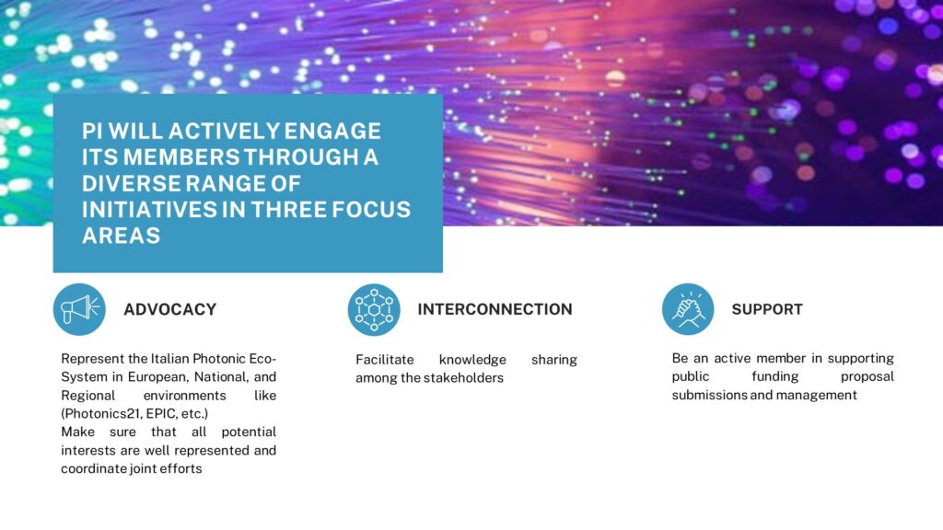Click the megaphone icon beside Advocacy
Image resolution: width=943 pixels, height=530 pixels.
[79, 309]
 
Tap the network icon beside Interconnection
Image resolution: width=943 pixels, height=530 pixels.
[374, 309]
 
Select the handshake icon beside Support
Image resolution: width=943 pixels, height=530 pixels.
[688, 309]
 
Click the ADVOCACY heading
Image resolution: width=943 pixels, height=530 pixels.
[170, 309]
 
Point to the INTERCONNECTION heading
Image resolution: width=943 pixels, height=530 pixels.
[495, 309]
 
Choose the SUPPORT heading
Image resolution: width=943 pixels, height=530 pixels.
[767, 309]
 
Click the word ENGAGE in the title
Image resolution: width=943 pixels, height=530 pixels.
[332, 131]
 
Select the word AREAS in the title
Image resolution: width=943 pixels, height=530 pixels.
[122, 236]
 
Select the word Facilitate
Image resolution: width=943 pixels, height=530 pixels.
[385, 360]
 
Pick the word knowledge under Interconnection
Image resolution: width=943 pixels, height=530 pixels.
[472, 360]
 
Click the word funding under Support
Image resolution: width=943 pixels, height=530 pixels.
[775, 376]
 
